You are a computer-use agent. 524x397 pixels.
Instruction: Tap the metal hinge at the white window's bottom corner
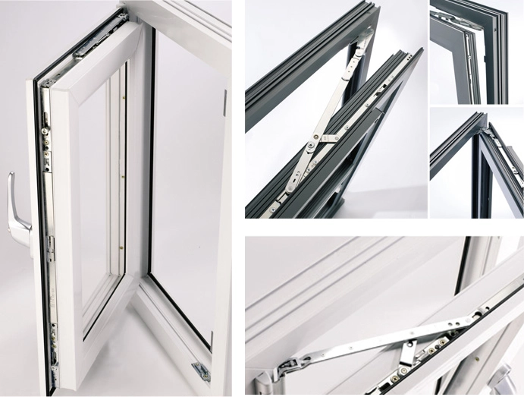[x=201, y=371]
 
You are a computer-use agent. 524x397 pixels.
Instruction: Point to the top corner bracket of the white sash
[x=89, y=47]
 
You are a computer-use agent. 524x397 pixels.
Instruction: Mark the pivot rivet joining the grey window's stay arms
[x=312, y=141]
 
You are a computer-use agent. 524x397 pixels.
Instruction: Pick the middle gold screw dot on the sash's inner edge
[x=123, y=174]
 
